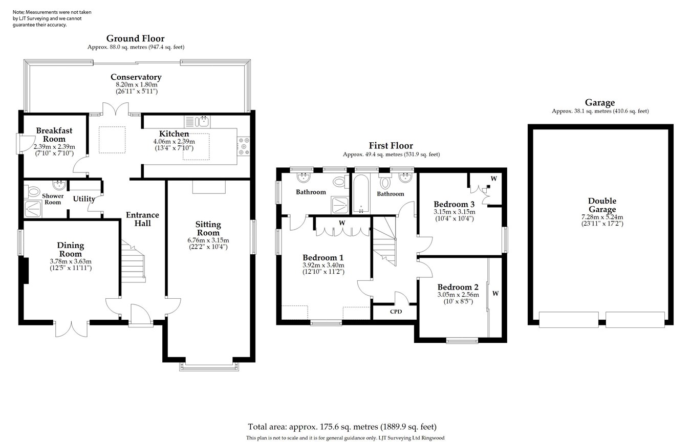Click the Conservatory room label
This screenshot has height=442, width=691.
click(x=136, y=77)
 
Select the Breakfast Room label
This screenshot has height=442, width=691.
click(x=54, y=135)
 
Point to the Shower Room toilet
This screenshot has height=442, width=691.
click(x=34, y=192)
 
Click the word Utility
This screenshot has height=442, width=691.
click(x=83, y=199)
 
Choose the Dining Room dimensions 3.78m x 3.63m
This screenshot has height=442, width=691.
click(x=70, y=261)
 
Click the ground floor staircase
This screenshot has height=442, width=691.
click(x=133, y=261)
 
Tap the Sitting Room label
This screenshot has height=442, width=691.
click(x=208, y=228)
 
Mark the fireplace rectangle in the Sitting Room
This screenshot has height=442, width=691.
click(x=208, y=187)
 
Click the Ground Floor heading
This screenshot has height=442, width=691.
click(x=135, y=38)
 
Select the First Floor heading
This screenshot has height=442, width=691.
click(x=391, y=146)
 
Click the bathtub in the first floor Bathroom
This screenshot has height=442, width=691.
click(x=361, y=194)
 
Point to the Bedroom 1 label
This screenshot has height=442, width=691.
click(x=322, y=257)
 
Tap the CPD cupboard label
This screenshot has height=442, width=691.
click(x=396, y=312)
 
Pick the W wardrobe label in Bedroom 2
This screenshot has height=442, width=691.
click(x=495, y=294)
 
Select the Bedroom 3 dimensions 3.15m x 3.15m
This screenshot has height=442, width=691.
click(x=454, y=212)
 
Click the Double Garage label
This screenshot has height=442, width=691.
click(x=602, y=205)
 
